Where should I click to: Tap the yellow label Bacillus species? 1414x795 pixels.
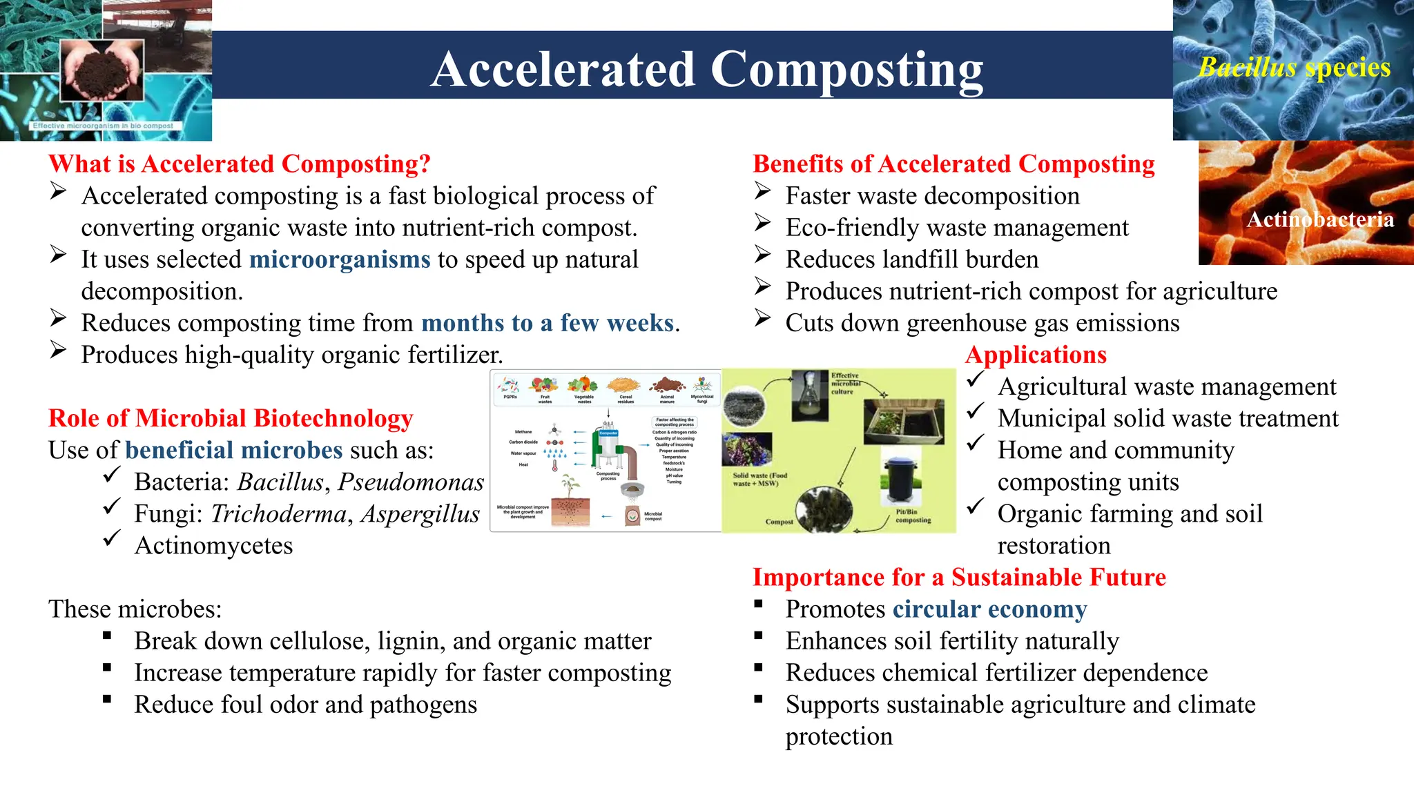tap(1294, 68)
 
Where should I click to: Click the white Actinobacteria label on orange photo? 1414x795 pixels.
tap(1320, 219)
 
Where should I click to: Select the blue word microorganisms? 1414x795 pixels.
tap(340, 259)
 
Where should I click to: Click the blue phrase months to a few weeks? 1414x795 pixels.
tap(548, 323)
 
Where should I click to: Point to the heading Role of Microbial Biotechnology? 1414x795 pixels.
tap(231, 418)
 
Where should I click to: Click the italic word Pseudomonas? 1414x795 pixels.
tap(411, 482)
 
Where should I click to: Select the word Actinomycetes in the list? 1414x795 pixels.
tap(213, 545)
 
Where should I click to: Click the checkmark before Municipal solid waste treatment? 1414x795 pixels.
tap(975, 412)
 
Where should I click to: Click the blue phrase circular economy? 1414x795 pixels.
tap(989, 609)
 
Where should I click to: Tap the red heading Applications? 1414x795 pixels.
tap(1036, 355)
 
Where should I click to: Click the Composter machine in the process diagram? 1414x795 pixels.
tap(608, 449)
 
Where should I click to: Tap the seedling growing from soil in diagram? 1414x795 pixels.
tap(570, 486)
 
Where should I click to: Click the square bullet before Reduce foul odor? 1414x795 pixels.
tap(107, 699)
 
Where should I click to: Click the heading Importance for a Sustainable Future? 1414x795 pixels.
tap(959, 577)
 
